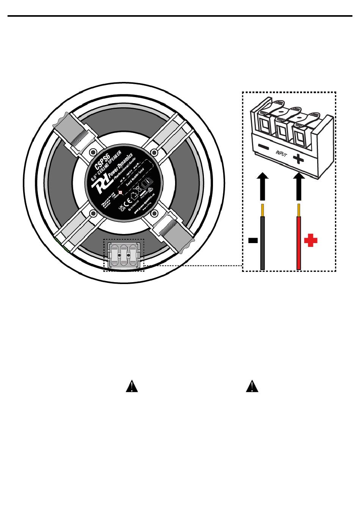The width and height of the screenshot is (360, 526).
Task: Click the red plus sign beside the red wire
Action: click(310, 240)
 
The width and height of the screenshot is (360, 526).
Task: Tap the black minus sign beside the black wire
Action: click(253, 240)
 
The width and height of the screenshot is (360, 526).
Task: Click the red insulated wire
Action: click(299, 243)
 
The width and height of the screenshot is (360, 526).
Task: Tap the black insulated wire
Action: click(262, 243)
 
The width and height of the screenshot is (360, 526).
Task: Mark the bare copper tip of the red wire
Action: click(299, 209)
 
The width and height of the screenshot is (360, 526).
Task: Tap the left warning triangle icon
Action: click(131, 386)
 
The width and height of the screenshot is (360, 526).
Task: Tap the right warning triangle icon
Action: click(252, 386)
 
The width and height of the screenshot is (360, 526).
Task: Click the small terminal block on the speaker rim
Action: click(124, 255)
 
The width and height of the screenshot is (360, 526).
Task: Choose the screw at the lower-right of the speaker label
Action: click(154, 214)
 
